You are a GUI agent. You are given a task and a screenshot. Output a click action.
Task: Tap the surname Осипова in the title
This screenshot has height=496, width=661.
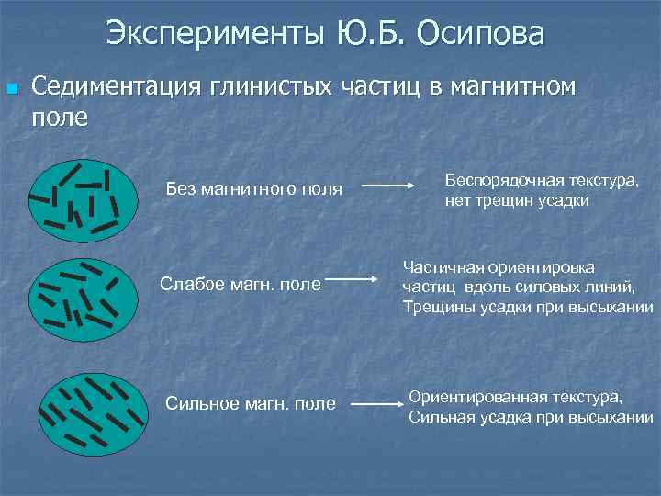point(481,34)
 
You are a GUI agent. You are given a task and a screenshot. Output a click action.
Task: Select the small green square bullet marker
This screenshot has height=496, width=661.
point(12,90)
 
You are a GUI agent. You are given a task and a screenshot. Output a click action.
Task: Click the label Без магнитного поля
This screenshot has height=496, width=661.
point(253,189)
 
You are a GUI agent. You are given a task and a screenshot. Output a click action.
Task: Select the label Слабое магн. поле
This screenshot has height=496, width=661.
point(241,283)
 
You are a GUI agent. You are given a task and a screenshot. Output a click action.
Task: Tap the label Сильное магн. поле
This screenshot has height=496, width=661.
point(250,404)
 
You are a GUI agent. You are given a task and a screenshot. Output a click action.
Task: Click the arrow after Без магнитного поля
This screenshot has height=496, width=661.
point(387,186)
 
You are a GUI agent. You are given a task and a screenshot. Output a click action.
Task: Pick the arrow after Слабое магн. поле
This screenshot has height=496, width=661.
point(353,277)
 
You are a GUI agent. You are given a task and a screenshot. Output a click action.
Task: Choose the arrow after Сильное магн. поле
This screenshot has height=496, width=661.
point(377,403)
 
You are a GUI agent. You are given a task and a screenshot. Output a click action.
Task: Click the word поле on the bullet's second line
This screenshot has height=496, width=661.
point(60,118)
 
